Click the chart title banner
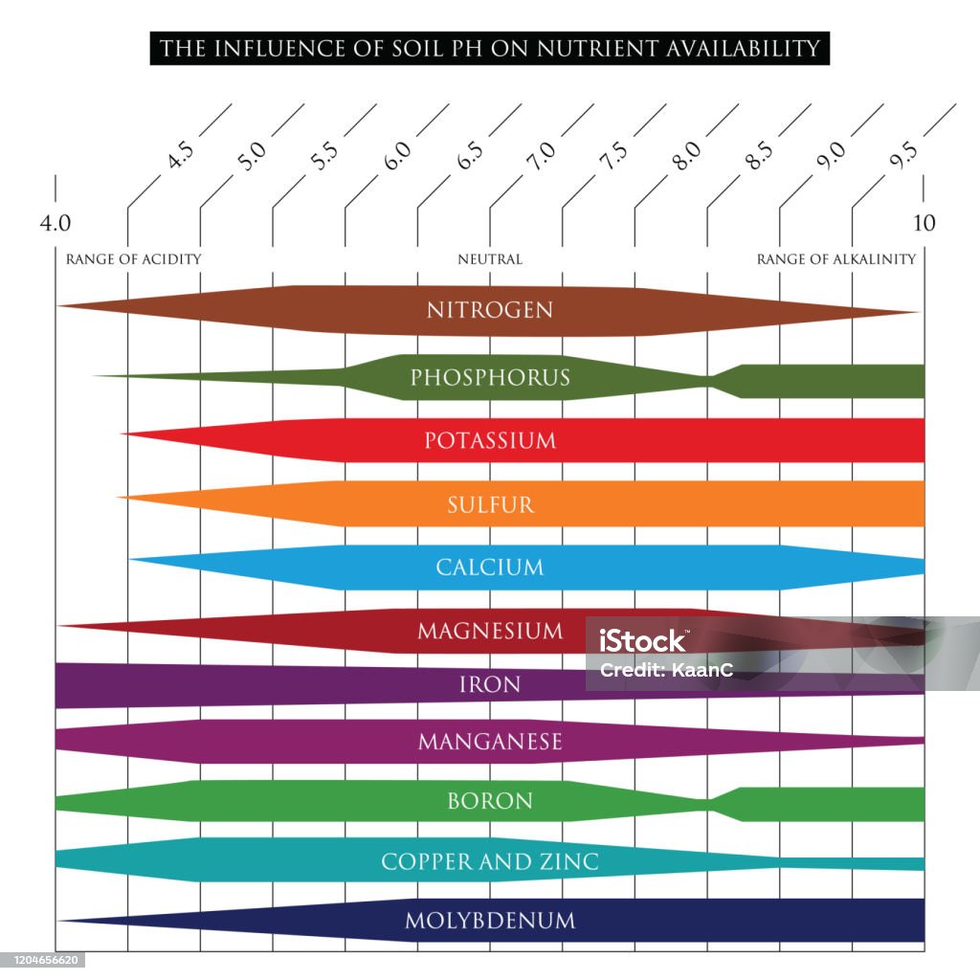pos(489,48)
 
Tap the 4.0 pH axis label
pos(55,223)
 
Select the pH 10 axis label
pos(924,223)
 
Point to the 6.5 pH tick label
pos(470,156)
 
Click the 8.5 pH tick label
pos(759,156)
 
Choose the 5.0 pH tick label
pos(253,156)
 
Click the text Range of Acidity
pos(134,259)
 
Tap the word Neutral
pos(490,259)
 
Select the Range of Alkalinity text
pos(836,259)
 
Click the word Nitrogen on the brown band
pos(490,310)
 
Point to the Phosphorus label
pos(490,377)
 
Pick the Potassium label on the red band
pos(490,440)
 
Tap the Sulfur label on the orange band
pos(491,505)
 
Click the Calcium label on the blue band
pos(490,568)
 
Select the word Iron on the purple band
pos(490,685)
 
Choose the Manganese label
pos(490,742)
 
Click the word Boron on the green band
pos(490,801)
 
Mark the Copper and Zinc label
pos(490,862)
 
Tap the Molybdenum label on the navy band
pos(490,921)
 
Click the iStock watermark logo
pos(642,641)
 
